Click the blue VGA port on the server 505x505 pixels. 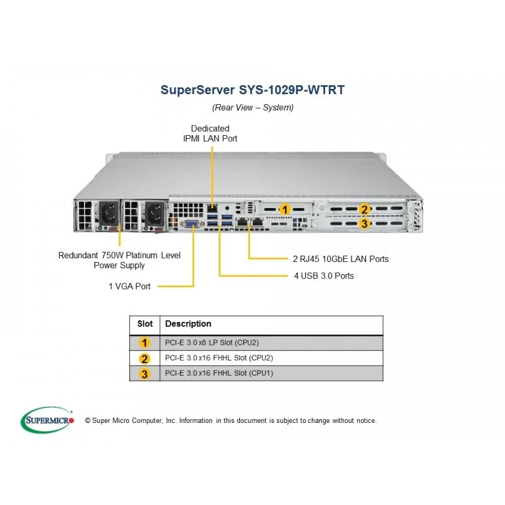tap(192, 224)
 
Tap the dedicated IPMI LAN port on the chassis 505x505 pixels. tap(211, 208)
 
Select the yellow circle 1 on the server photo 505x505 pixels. tap(285, 210)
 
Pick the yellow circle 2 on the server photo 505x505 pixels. tap(364, 210)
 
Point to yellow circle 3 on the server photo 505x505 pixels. tap(364, 223)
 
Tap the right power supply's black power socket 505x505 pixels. tap(155, 213)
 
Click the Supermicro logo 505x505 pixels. tap(47, 420)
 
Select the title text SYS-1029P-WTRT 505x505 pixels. tap(292, 90)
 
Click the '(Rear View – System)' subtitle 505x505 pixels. tap(253, 107)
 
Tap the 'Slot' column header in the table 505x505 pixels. tap(145, 324)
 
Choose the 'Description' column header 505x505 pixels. tap(188, 324)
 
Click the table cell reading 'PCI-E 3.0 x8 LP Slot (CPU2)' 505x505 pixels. tap(212, 343)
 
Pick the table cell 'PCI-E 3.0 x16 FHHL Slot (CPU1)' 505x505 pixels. tap(219, 373)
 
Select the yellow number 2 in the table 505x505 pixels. tap(145, 359)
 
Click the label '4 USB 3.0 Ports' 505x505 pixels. tap(324, 276)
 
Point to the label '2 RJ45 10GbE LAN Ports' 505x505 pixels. tap(341, 259)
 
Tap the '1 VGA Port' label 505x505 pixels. tap(129, 287)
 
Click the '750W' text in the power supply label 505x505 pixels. tap(112, 256)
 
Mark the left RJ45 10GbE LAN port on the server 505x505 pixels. tap(242, 222)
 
